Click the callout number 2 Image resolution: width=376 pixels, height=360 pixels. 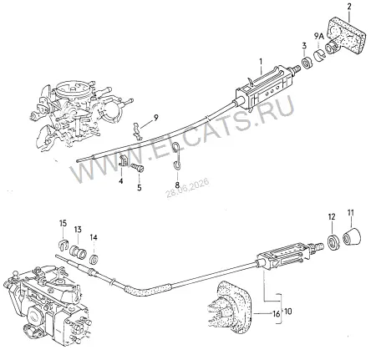349,7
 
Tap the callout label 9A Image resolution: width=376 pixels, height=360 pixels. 319,36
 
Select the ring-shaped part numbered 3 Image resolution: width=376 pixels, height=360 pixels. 307,63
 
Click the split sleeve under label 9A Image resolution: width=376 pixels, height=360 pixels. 320,54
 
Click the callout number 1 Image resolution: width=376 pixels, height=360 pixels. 261,61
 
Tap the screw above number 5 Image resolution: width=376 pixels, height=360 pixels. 137,167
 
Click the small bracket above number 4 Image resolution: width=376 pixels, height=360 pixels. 123,161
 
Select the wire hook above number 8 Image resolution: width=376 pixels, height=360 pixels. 176,156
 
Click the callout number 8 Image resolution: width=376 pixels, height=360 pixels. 177,184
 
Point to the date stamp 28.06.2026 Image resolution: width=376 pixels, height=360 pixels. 187,188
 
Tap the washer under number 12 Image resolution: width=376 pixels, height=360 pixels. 333,241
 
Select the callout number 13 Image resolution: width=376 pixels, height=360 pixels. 78,230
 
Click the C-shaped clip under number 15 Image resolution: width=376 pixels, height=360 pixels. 64,244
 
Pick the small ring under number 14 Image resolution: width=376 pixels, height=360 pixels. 94,259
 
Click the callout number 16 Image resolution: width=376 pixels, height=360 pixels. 276,314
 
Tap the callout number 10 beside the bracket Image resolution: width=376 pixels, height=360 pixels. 288,311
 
